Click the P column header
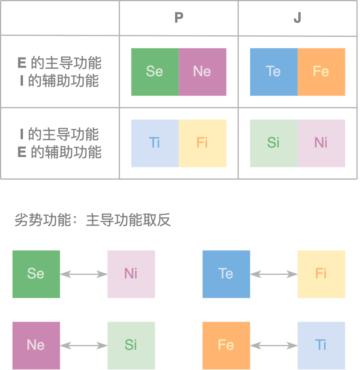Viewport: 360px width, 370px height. tap(179, 18)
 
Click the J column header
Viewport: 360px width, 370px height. tap(297, 18)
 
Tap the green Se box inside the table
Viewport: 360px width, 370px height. tap(155, 72)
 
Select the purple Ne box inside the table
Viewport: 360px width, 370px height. tap(202, 72)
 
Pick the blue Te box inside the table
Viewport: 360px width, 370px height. tap(274, 72)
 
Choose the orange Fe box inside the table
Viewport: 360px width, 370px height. tap(321, 72)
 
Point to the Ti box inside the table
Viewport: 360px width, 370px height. tap(155, 143)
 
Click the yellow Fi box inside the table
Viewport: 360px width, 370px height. tap(202, 143)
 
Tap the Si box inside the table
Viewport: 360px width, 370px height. tap(274, 143)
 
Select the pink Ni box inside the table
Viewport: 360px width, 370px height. tap(321, 143)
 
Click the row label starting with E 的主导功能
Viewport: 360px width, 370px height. tap(60, 72)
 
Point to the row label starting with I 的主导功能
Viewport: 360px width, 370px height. tap(60, 143)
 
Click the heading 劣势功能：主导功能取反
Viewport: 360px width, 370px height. tap(92, 220)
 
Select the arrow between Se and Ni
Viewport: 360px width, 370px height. tap(84, 274)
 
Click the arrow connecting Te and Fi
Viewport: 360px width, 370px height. tap(274, 274)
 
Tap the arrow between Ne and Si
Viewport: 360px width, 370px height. tap(84, 345)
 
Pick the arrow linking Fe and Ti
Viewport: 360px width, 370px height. tap(274, 345)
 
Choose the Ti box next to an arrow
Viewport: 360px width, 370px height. tap(321, 345)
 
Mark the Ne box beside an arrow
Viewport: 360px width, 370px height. tap(36, 345)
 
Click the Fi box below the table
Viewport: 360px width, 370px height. tap(321, 274)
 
